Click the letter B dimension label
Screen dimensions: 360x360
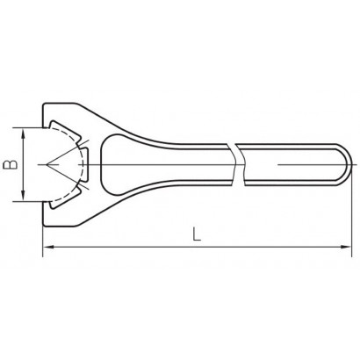pos(10,165)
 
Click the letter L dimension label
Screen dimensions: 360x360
pos(197,234)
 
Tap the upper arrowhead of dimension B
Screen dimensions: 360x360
pos(24,134)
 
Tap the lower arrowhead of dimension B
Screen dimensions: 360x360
pos(24,195)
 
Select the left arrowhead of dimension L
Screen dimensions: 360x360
pos(49,248)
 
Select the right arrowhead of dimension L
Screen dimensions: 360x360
pos(346,248)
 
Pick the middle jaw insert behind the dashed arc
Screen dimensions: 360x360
pos(83,165)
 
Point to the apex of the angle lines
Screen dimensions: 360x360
pos(47,165)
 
